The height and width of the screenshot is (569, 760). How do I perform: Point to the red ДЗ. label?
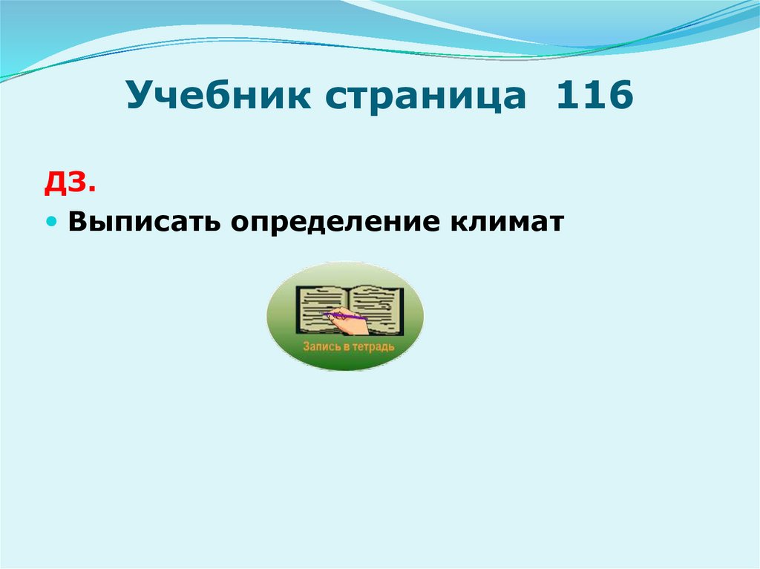[x=70, y=182]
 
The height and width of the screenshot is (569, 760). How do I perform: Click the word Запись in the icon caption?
[x=318, y=346]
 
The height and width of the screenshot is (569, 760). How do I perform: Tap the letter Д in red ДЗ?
[x=59, y=182]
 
